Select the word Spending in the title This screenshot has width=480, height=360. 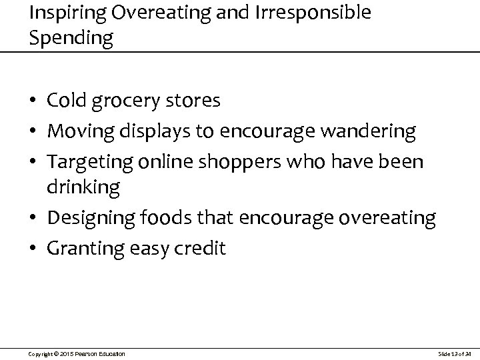71,37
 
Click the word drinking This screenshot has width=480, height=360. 83,187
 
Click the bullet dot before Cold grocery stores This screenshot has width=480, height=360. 34,102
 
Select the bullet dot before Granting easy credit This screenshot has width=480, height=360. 34,249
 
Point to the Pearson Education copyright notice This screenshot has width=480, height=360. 77,353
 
